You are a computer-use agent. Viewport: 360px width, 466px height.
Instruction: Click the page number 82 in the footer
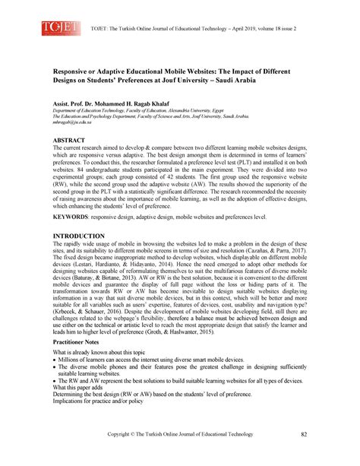[304, 434]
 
